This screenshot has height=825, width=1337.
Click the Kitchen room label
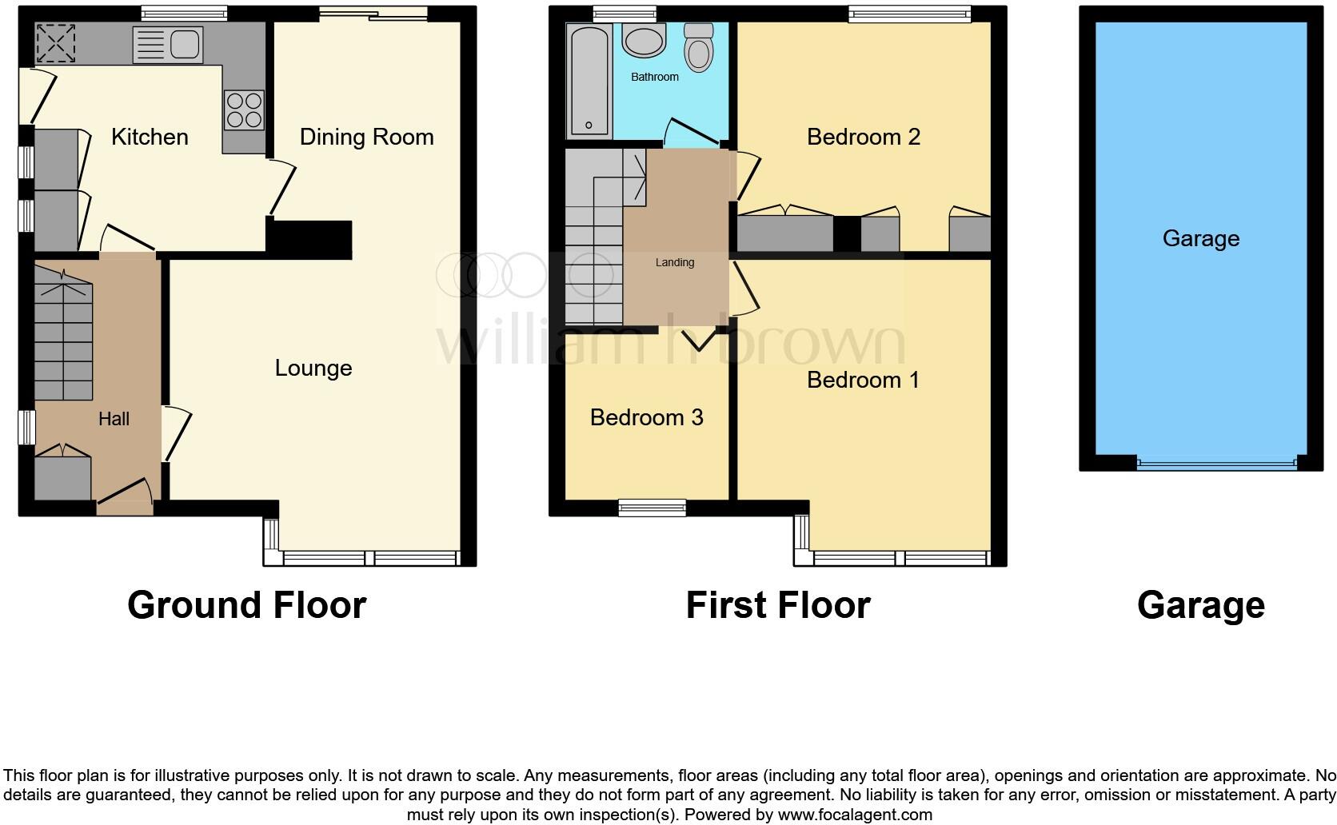(150, 137)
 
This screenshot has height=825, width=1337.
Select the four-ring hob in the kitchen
(244, 110)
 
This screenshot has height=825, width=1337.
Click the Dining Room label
(366, 137)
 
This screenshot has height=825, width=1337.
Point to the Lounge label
(313, 368)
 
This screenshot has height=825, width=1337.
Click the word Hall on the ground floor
(114, 419)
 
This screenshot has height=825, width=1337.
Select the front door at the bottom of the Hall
(124, 494)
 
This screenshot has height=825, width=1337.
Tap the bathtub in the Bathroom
(589, 80)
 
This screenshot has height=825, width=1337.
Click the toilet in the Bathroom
(699, 48)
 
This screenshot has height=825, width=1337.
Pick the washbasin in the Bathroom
(644, 40)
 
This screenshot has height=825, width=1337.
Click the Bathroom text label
(655, 77)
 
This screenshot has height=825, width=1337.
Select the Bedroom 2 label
(864, 137)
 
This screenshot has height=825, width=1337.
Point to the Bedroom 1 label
(864, 379)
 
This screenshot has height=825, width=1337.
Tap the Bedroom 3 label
(646, 417)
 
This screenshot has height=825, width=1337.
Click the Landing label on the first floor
(675, 262)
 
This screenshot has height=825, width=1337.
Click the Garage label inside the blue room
(1200, 238)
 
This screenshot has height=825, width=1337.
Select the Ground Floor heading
(246, 605)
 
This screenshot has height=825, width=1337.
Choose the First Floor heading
(777, 605)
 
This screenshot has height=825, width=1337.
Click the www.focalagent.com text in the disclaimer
(855, 815)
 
